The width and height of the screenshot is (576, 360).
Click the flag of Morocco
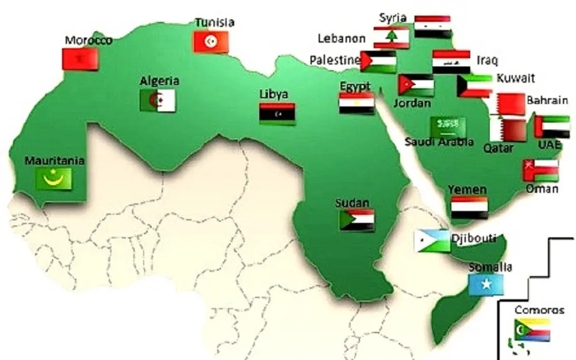click(x=80, y=59)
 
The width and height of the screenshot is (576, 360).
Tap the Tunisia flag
click(x=211, y=41)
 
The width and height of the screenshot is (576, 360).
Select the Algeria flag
click(x=158, y=100)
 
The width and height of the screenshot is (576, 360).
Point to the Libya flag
click(x=277, y=113)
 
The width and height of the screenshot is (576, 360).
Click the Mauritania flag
click(x=54, y=179)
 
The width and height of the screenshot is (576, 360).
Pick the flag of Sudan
click(x=357, y=220)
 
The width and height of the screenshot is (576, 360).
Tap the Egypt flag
click(x=357, y=103)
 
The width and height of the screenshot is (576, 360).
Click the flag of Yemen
click(x=469, y=207)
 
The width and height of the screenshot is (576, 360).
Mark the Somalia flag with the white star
click(x=486, y=285)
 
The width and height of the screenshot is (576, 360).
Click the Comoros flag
click(x=532, y=330)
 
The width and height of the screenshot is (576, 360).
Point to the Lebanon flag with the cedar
click(x=391, y=38)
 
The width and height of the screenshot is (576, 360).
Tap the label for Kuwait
click(x=516, y=78)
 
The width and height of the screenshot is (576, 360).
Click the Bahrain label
click(x=547, y=100)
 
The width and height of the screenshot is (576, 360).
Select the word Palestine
click(x=334, y=60)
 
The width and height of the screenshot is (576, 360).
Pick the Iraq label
click(x=487, y=60)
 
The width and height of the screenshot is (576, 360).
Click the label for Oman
click(x=542, y=188)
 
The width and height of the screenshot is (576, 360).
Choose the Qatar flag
click(x=508, y=130)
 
